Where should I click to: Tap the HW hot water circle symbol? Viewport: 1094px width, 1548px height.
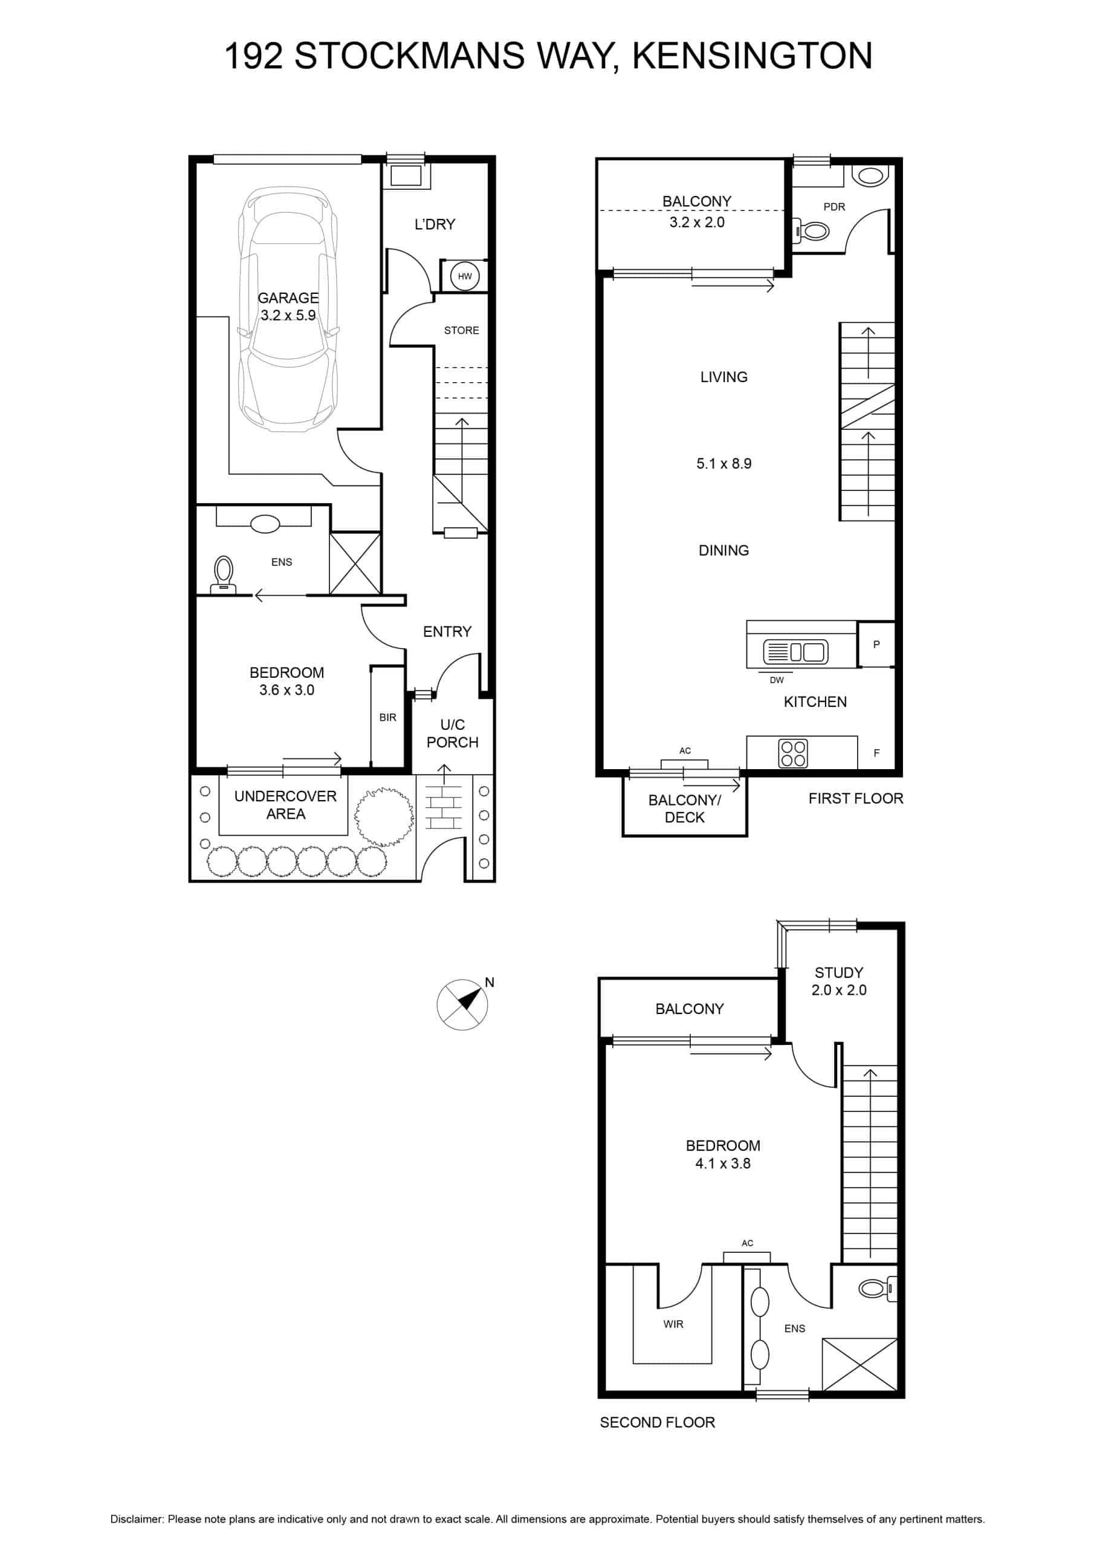pos(464,276)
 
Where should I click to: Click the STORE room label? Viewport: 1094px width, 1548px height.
pos(461,330)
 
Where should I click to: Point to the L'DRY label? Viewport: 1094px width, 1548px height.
pos(435,224)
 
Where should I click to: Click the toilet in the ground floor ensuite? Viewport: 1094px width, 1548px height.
pos(223,574)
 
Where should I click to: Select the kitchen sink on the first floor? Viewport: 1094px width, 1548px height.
pos(795,652)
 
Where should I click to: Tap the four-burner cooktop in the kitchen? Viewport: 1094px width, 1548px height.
pos(792,753)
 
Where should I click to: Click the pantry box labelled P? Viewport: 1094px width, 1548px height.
pos(876,645)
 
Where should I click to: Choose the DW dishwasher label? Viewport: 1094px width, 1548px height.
pos(777,680)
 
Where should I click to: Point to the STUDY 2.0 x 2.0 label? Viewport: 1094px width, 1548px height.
pos(838,981)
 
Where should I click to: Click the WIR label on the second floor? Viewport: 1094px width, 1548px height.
pos(673,1324)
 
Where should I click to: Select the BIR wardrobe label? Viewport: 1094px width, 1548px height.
pos(387,717)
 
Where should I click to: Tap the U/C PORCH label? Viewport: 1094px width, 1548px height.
pos(452,733)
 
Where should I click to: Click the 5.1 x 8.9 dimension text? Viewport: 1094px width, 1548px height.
pos(724,464)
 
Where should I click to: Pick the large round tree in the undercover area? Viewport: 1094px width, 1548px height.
pos(384,816)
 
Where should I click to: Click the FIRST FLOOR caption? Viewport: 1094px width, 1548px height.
pos(855,798)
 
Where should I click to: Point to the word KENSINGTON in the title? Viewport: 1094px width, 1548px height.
pos(753,56)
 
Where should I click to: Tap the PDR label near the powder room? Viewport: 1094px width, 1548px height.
pos(834,207)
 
